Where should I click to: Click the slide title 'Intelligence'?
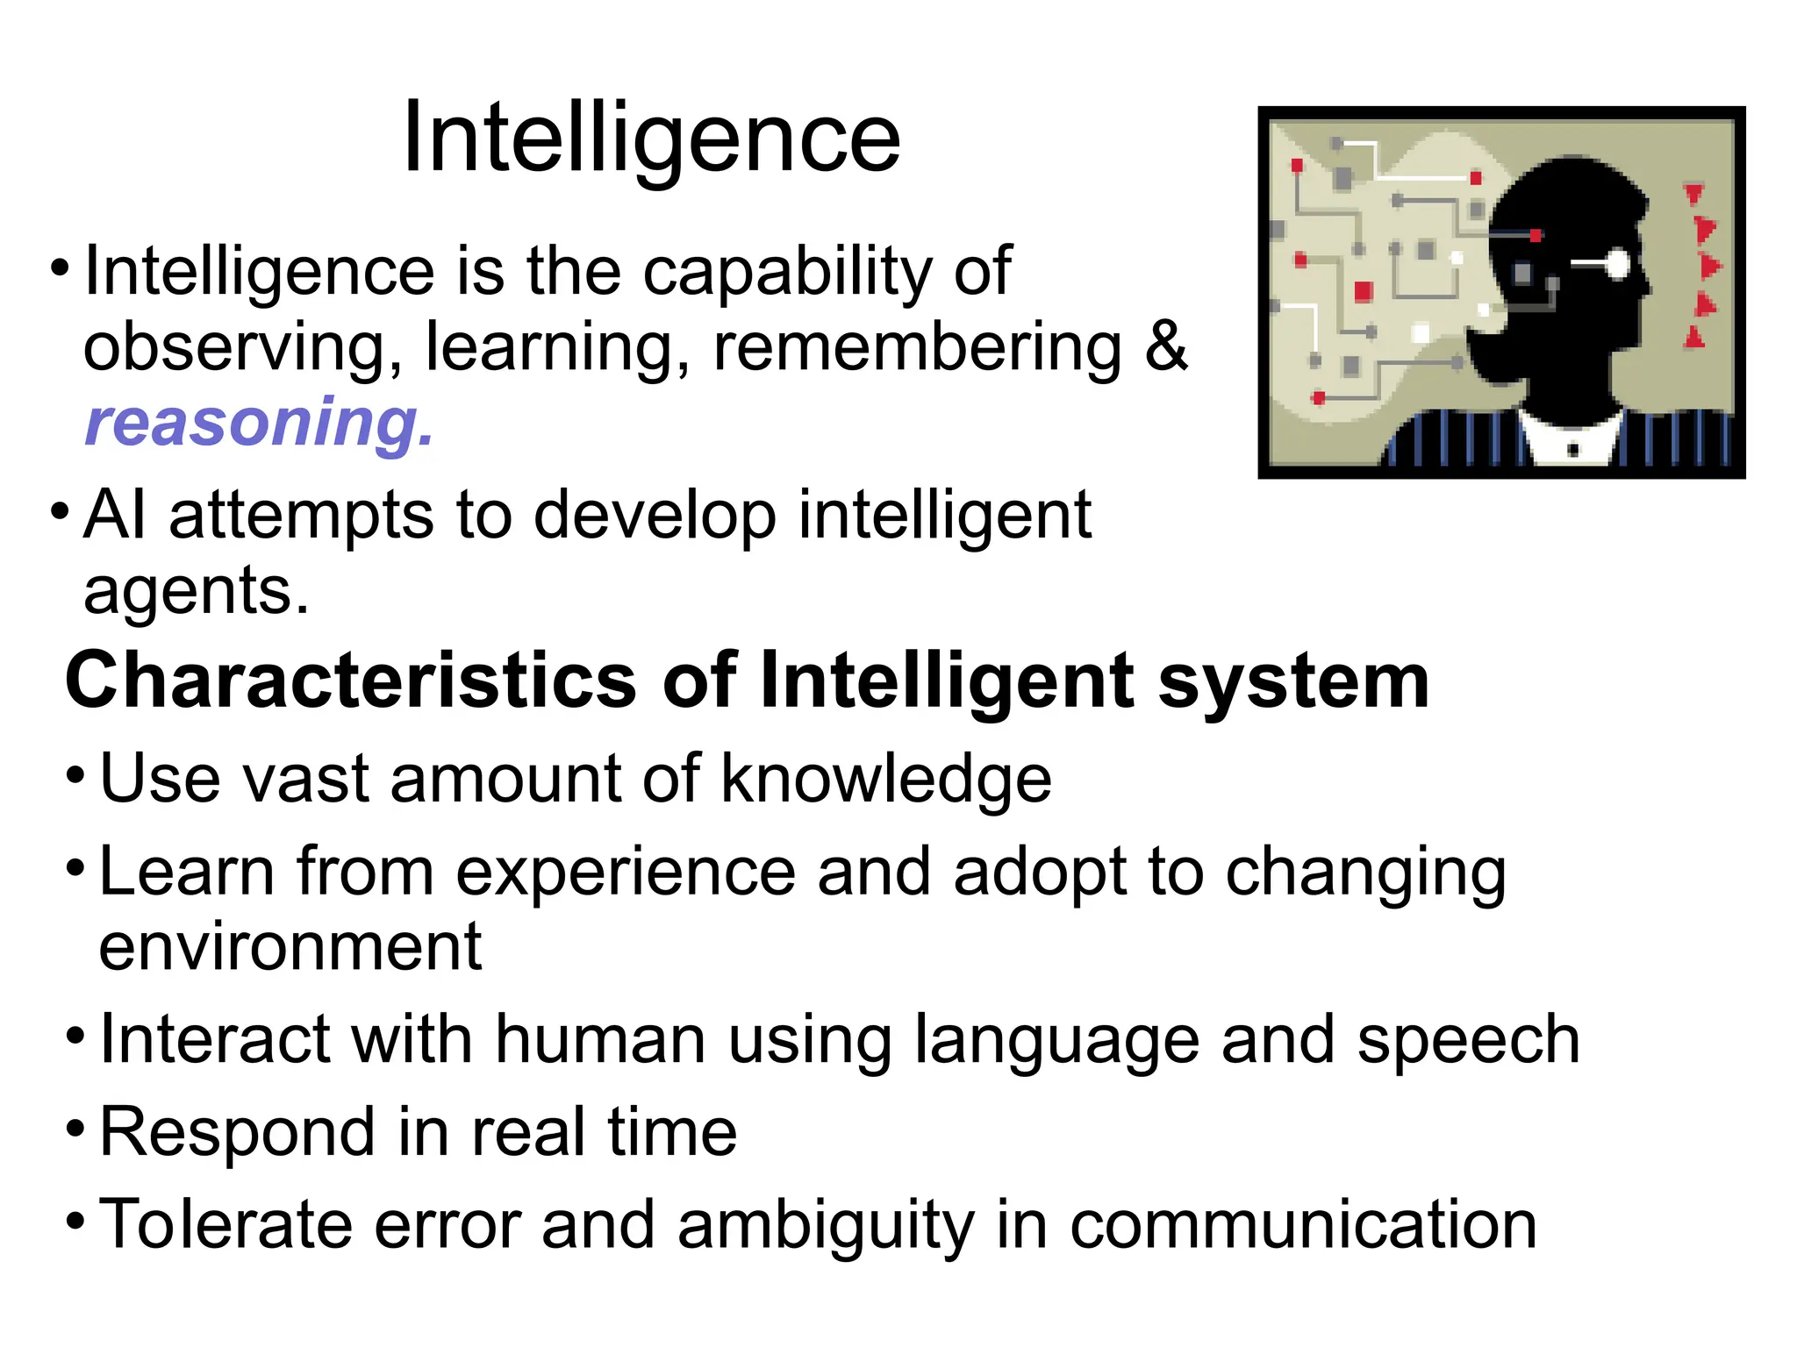651,139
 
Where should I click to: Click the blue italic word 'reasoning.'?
259,423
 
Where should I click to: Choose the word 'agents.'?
197,592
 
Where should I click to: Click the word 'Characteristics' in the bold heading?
351,681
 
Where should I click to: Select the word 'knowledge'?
885,779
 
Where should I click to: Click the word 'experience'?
626,873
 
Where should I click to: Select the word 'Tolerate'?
225,1224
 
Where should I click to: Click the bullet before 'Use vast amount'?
76,776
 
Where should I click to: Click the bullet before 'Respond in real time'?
76,1128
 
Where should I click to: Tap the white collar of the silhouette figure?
1571,438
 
